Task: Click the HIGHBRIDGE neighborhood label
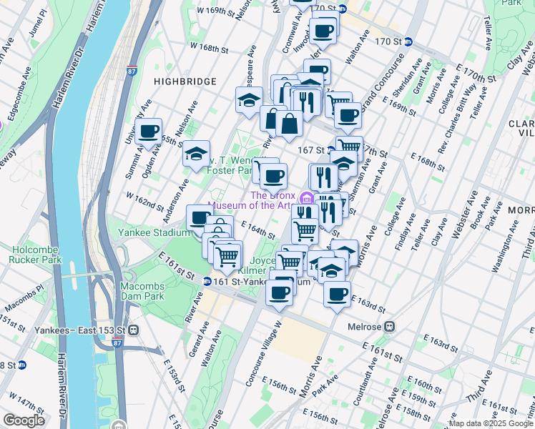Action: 185,82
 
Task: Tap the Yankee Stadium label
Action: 153,232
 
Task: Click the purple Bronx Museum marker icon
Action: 306,198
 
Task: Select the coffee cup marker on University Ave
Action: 149,132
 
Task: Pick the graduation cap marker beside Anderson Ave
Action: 195,154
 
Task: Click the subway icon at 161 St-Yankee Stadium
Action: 206,282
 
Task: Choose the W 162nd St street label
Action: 144,200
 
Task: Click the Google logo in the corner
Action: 24,420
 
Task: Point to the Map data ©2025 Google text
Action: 490,423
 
